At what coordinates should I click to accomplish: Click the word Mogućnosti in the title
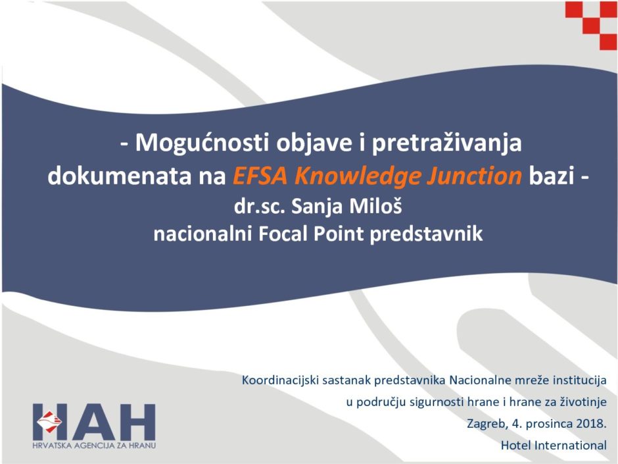click(x=202, y=143)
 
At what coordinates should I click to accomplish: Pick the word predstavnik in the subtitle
click(x=426, y=234)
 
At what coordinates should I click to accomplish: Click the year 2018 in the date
click(x=591, y=424)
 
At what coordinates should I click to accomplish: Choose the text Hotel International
click(x=554, y=446)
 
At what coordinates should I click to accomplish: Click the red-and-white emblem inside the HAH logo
click(x=49, y=421)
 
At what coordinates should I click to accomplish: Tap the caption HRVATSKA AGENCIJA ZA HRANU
click(x=94, y=446)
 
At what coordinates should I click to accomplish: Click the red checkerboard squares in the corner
click(x=591, y=25)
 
